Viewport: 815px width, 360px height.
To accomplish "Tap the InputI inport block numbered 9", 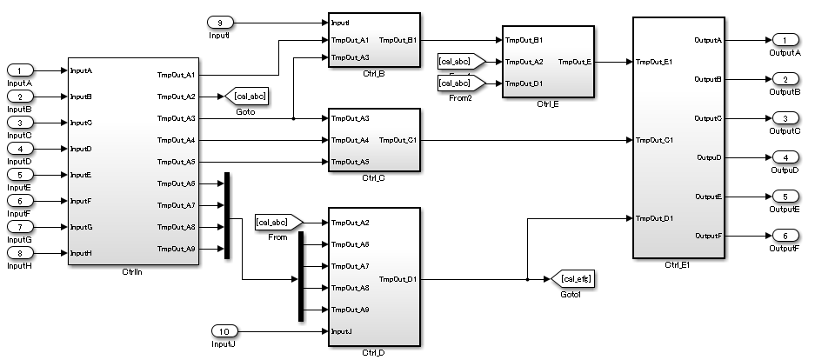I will (219, 22).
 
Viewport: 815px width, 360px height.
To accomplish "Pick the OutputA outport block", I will (784, 40).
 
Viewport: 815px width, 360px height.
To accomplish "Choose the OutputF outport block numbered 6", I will (784, 236).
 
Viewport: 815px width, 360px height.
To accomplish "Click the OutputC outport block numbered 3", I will (784, 118).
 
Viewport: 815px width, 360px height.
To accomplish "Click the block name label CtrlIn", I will (133, 273).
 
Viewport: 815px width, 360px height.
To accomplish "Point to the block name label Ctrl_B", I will (374, 73).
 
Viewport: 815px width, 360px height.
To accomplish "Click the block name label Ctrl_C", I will (374, 177).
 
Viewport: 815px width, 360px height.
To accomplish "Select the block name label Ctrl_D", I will (374, 353).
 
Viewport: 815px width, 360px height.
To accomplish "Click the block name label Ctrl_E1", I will (678, 263).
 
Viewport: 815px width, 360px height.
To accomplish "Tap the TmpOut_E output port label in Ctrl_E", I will (574, 62).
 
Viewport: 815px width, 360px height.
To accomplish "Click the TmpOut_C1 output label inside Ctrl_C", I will (397, 140).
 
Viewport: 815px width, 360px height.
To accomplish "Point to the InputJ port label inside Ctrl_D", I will (341, 330).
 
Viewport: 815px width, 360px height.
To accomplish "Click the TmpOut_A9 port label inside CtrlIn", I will (177, 249).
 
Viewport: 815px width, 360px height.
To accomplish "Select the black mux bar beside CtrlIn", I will (227, 216).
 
